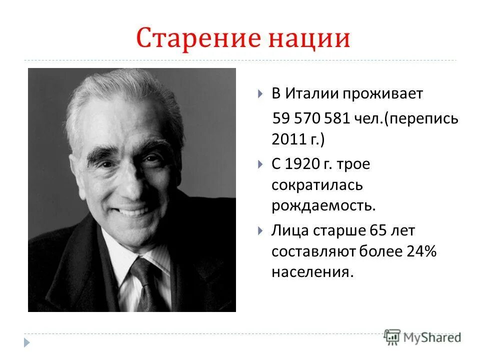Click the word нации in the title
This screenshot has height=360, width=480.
(309, 39)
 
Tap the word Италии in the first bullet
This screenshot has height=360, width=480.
(311, 93)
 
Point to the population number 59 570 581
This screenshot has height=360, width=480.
(312, 118)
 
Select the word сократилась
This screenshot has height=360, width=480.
(317, 184)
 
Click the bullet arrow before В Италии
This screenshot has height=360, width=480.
(260, 94)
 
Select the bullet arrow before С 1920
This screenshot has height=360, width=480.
(260, 163)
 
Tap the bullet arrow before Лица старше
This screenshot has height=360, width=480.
(260, 230)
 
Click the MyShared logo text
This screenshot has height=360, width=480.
(432, 338)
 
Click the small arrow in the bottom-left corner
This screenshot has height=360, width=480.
(26, 343)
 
